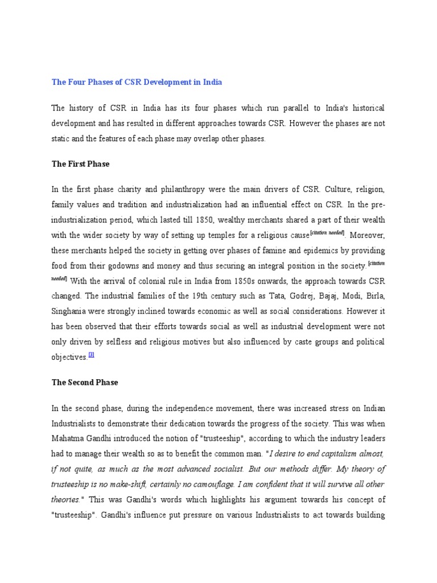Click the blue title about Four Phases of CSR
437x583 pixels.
(137, 82)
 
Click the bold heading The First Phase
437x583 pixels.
(80, 164)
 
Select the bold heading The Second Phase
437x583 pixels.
(85, 383)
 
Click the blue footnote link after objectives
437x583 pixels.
(92, 355)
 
